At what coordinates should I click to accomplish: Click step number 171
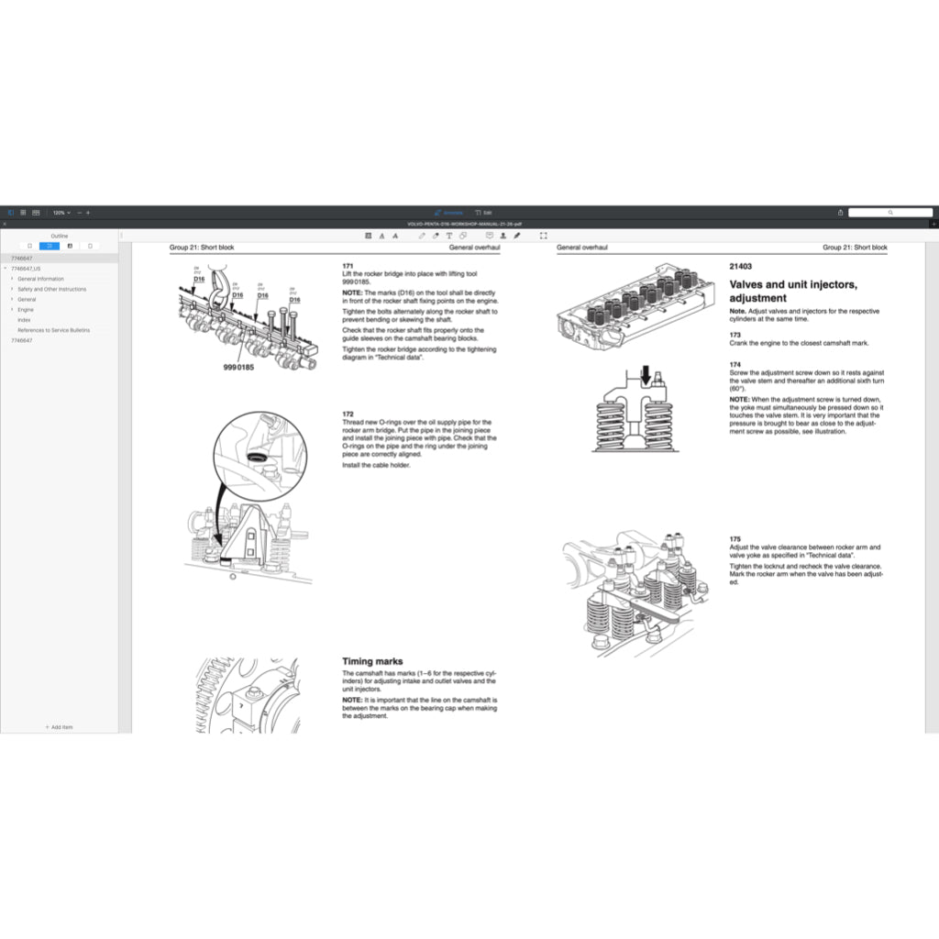347,266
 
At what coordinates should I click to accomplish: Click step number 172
347,414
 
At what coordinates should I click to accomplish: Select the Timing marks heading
372,661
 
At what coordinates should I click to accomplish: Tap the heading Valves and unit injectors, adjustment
793,292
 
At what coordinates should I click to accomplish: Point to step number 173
735,335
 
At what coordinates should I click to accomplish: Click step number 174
735,364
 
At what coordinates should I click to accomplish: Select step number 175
735,539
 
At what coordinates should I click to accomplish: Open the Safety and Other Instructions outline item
51,289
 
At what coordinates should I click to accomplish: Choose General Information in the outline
40,279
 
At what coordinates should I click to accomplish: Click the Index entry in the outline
24,320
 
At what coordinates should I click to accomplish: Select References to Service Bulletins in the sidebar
53,330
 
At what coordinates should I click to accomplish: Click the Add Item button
59,727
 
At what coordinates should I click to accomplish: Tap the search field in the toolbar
889,212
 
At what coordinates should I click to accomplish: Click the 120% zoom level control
61,212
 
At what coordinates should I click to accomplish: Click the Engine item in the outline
26,310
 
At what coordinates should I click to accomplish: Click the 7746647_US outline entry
26,269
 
